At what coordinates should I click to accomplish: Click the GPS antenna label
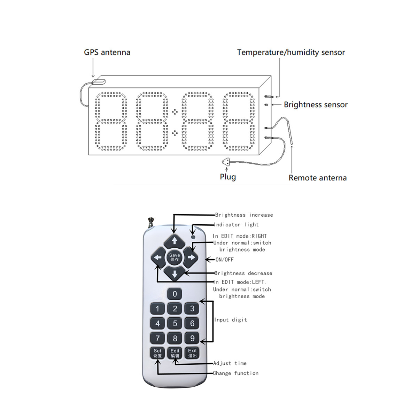click(107, 52)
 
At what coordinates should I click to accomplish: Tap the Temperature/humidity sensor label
click(291, 52)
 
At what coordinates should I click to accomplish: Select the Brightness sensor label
click(316, 104)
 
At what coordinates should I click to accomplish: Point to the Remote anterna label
click(317, 178)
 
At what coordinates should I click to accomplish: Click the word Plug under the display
click(228, 177)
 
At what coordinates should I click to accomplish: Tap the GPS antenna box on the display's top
click(99, 82)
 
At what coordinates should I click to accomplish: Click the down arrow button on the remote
click(175, 274)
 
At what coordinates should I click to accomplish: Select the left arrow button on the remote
click(158, 257)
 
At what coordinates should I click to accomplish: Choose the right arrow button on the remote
click(191, 257)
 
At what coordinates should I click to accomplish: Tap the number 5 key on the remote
click(175, 323)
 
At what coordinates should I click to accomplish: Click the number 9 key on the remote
click(192, 338)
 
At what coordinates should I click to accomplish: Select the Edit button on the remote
click(175, 353)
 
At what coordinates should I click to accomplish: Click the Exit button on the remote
click(192, 353)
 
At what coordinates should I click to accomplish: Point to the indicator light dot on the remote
click(193, 237)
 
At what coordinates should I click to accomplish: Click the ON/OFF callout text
click(224, 260)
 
